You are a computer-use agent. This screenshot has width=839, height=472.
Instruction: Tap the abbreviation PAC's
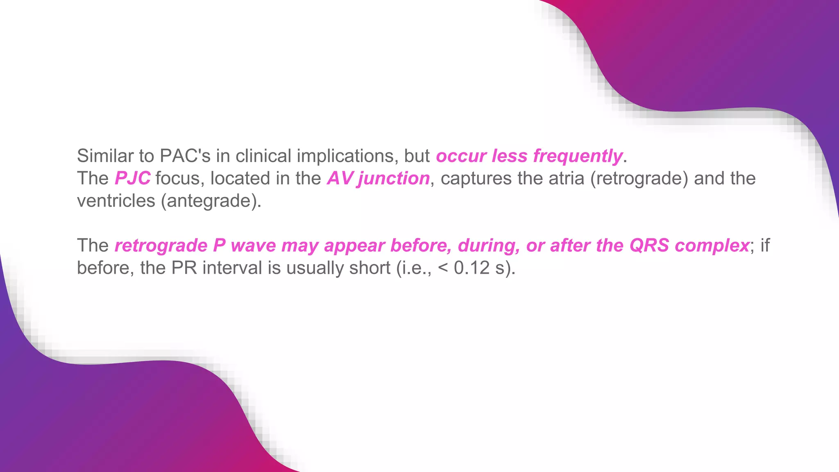[185, 156]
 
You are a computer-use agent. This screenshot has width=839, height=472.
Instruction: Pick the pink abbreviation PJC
[132, 179]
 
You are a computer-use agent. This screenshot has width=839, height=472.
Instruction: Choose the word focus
[180, 179]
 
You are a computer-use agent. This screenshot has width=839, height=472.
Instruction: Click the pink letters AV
[340, 179]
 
